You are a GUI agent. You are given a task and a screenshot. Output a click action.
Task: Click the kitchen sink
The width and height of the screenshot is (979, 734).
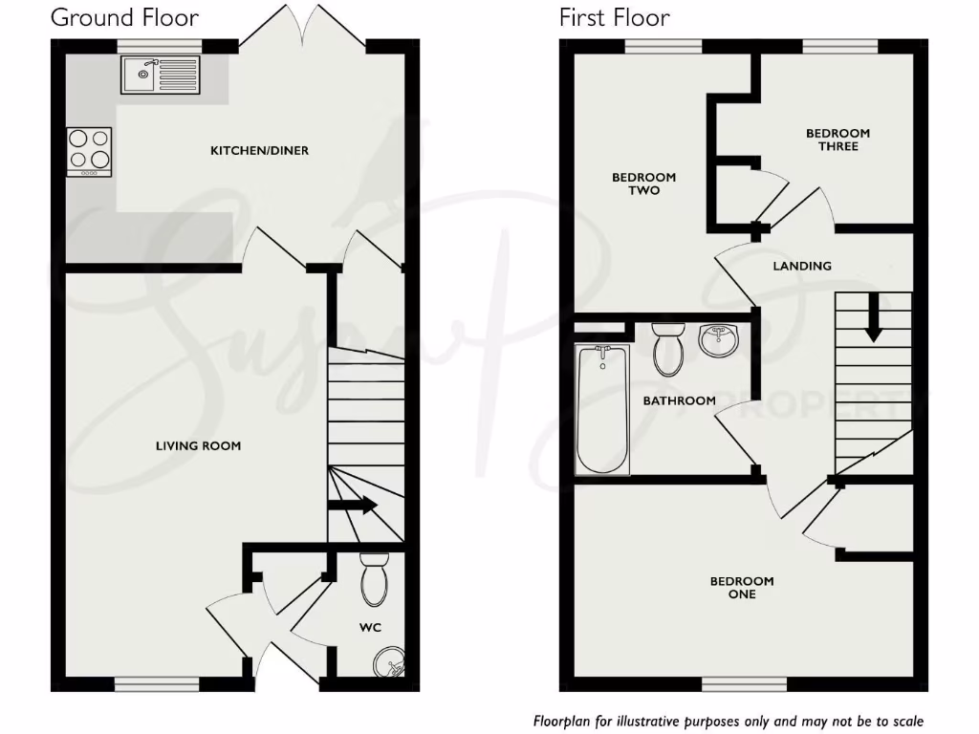[x=161, y=75]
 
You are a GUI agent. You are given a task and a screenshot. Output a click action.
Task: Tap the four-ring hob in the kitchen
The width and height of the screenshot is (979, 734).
[x=89, y=151]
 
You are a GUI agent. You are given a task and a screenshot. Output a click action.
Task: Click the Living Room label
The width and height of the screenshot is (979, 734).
[x=199, y=445]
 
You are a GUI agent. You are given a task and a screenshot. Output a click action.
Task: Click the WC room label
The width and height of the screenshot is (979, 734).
[x=370, y=628]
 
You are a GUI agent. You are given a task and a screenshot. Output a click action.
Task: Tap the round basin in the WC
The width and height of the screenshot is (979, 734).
[x=388, y=660]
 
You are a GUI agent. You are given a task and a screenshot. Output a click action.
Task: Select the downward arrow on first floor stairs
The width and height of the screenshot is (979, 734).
[x=873, y=317]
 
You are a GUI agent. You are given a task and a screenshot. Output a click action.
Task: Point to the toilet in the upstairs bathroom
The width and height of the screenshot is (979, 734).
[x=667, y=349]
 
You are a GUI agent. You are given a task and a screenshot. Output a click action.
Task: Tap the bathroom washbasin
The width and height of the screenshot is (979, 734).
[x=718, y=340]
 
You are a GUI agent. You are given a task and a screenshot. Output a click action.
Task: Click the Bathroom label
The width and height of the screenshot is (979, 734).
[x=679, y=400]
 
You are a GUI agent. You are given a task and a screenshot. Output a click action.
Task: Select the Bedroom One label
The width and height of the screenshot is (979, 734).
[x=742, y=588]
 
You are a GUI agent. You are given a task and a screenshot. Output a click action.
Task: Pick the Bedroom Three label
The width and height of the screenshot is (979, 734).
[x=838, y=140]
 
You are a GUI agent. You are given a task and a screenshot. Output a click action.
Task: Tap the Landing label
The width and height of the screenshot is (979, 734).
[x=802, y=266]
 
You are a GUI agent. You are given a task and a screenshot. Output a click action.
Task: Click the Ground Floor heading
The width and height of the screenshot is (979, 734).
[x=124, y=17]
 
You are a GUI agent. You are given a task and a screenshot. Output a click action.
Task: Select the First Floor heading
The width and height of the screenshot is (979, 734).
[x=615, y=17]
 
